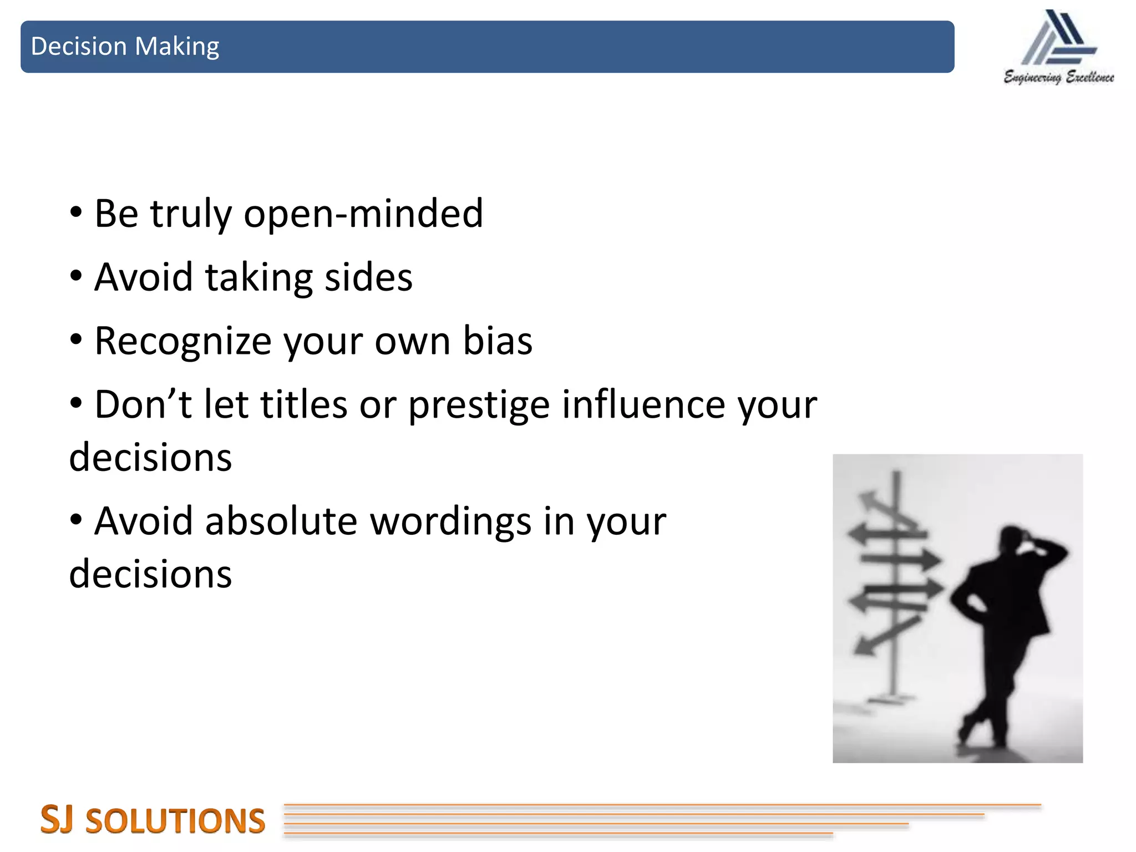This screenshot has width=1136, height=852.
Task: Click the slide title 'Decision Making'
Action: [125, 47]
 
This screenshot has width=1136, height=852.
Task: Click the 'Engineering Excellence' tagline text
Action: [1058, 78]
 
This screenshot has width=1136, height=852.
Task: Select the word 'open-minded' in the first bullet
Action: [363, 214]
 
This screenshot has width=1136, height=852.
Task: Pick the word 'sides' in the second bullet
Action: [368, 277]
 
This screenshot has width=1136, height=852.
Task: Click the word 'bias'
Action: [498, 341]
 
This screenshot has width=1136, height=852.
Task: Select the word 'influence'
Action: [643, 404]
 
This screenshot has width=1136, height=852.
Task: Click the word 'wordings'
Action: [450, 523]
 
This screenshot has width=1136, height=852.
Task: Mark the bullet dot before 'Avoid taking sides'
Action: [77, 276]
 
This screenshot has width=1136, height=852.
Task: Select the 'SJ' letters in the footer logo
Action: [57, 820]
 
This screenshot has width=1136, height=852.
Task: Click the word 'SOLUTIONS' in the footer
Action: [175, 821]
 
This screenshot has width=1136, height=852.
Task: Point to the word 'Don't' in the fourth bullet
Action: [143, 404]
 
